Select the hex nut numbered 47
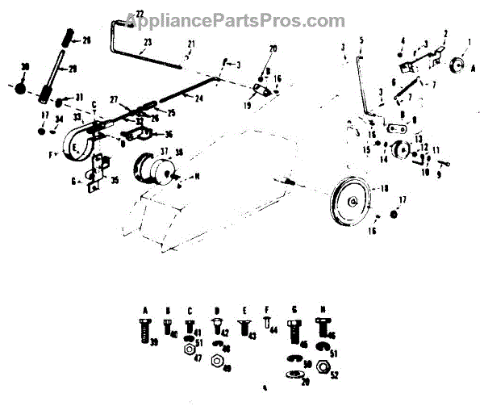[188, 354]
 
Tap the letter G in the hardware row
[294, 309]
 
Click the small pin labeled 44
[267, 325]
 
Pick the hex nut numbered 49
[217, 359]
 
